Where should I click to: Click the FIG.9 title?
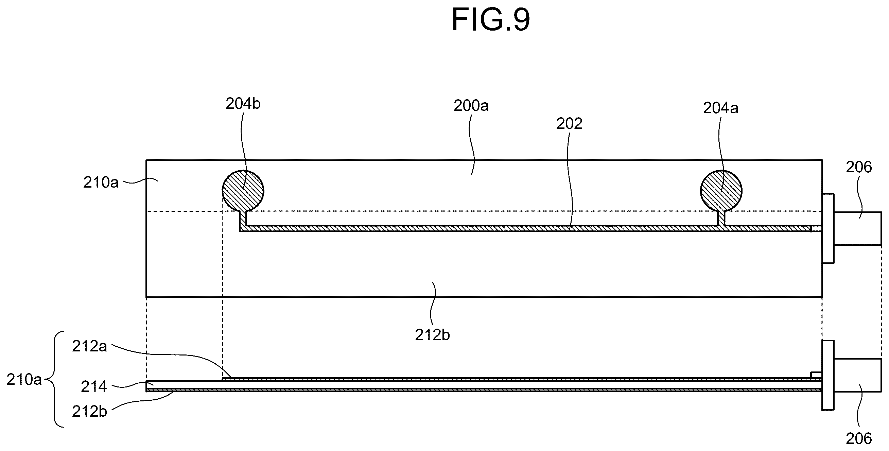point(490,20)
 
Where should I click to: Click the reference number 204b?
point(243,104)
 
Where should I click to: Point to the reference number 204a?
point(720,108)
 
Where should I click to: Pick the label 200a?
point(471,106)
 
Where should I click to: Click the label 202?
point(569,123)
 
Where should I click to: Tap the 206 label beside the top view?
point(859,167)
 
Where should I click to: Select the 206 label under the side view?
point(859,438)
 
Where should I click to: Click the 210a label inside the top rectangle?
point(101,183)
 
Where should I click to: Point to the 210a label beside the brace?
point(24,380)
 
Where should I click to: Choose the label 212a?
point(89,346)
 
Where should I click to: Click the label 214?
point(93,387)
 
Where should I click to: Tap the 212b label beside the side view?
point(89,411)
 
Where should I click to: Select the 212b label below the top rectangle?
point(432,335)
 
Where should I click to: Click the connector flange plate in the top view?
point(828,228)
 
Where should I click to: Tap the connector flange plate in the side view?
point(828,376)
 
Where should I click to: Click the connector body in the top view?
point(858,228)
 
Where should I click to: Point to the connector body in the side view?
point(858,375)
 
